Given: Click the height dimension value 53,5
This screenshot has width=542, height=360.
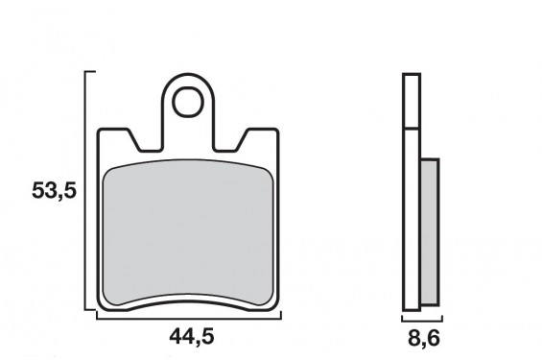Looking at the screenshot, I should [53, 191].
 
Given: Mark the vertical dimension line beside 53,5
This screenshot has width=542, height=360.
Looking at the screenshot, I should [87, 192].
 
